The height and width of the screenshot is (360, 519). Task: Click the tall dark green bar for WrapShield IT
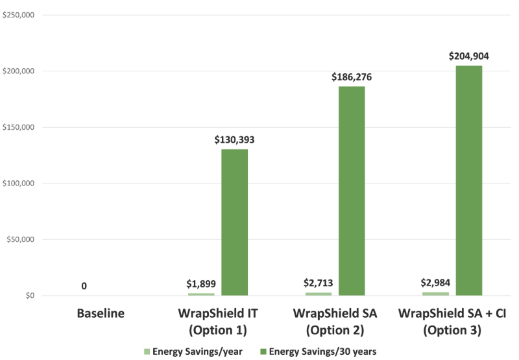(x=234, y=222)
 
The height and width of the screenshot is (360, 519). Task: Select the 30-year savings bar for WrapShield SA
(x=351, y=191)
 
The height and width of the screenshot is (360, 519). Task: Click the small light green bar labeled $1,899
(x=201, y=294)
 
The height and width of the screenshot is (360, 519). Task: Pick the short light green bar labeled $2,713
(x=318, y=294)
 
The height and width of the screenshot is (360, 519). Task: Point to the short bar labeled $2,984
(x=435, y=293)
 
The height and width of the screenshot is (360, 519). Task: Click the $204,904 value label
(x=468, y=56)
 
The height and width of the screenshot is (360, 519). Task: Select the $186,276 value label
(x=351, y=77)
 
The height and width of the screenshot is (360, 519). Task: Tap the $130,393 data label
(x=234, y=140)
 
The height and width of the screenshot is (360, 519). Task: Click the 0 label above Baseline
(x=84, y=285)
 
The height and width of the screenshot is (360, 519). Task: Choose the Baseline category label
(x=101, y=314)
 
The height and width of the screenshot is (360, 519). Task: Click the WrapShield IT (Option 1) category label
(x=218, y=322)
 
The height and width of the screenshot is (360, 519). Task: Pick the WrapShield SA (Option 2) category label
(x=335, y=322)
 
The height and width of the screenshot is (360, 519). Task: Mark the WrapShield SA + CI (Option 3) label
(x=452, y=322)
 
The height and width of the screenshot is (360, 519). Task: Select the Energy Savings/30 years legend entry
(x=319, y=352)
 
